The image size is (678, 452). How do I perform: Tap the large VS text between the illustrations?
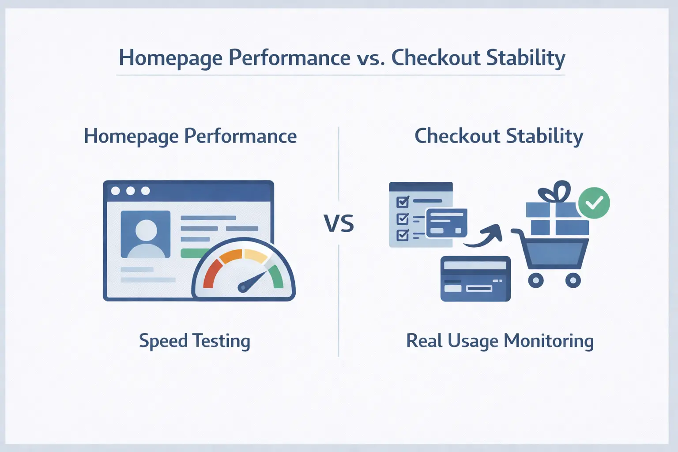point(339,223)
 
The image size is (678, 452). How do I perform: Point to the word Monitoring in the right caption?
point(549,342)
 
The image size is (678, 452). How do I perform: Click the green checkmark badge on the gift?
point(594,203)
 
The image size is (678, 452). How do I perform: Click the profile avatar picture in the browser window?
point(145,234)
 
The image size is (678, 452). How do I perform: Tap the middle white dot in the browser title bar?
point(131,191)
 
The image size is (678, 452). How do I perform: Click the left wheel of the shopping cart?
point(536,280)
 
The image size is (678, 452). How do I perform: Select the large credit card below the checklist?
point(475,279)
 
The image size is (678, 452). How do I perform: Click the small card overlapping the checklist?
point(446,223)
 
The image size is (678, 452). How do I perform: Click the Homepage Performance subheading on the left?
point(190,136)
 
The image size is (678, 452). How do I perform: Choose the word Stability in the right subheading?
point(544,136)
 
